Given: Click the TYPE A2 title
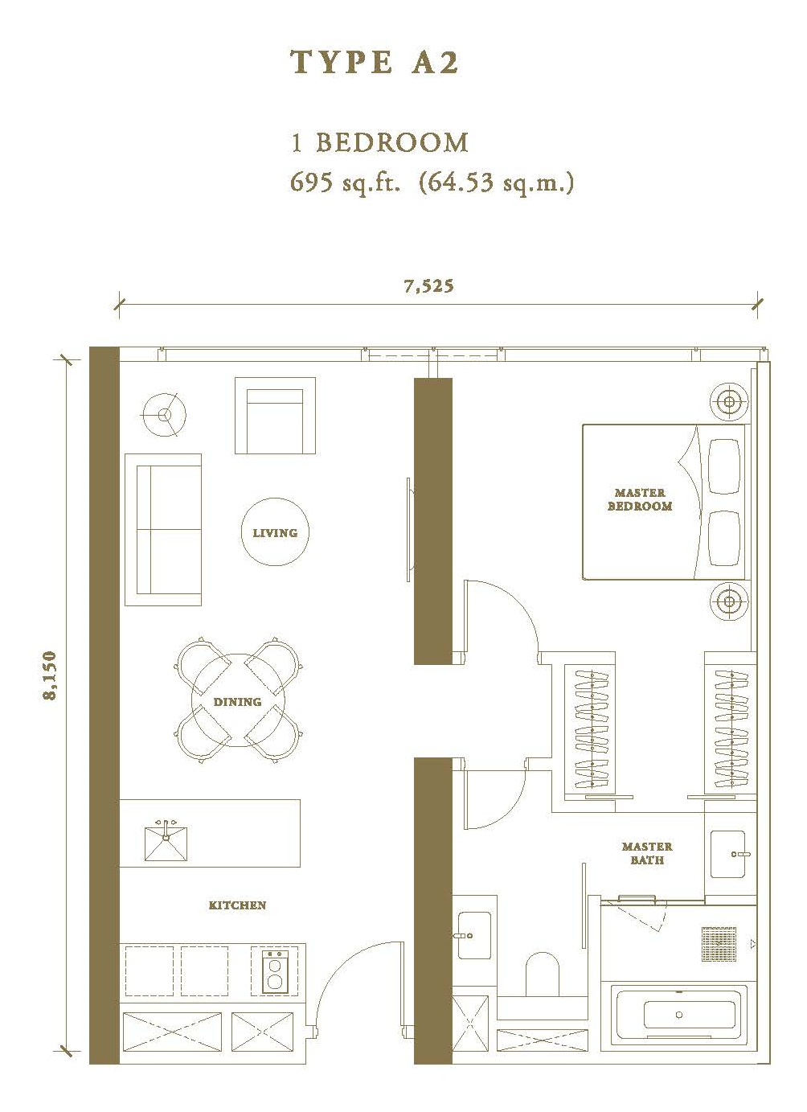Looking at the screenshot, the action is point(375,63).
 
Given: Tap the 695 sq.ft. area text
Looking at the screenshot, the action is point(346,183).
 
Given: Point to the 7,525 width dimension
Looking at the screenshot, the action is point(428,286).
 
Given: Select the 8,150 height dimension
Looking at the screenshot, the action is point(51,675).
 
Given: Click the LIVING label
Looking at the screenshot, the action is point(275,533).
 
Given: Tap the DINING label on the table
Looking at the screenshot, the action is point(237,702).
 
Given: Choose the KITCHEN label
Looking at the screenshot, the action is point(237,905).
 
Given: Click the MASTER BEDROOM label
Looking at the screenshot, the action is point(640,499).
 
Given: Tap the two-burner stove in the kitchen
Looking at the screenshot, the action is point(275,971).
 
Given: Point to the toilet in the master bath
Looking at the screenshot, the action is point(542,974).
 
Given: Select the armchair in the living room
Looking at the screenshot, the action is point(275,415).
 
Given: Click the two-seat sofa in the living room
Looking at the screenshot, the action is point(163,530).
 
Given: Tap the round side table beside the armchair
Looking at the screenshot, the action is point(164,415).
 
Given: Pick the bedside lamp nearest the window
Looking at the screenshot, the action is point(728,401).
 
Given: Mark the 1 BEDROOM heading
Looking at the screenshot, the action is point(379,142).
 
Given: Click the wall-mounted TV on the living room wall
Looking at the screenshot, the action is point(409,530).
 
